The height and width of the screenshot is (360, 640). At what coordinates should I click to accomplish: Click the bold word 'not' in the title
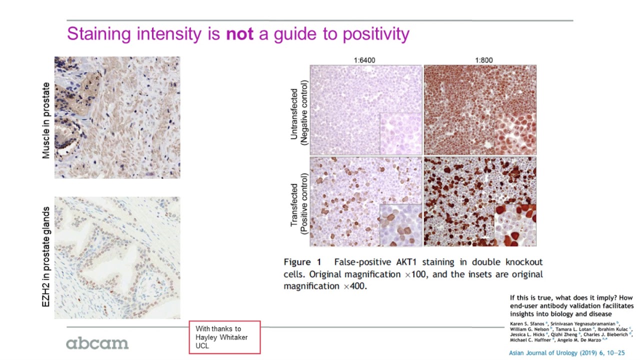tap(239, 34)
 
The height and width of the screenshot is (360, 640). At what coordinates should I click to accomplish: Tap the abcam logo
tap(97, 343)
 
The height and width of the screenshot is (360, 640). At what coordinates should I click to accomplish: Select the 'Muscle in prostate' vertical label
tap(46, 120)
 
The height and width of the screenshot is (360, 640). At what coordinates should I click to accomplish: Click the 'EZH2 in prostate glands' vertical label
tap(46, 256)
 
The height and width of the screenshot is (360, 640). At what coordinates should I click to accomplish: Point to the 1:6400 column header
tap(364, 60)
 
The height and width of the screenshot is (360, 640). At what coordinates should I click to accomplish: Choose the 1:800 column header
tap(483, 60)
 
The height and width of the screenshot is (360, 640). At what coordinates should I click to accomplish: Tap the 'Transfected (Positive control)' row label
tap(298, 202)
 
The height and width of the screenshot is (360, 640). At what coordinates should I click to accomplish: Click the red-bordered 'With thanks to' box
tap(224, 337)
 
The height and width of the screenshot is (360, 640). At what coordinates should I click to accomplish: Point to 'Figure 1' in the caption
tap(303, 262)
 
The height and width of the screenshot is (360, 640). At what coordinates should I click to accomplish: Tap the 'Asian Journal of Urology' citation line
tap(566, 353)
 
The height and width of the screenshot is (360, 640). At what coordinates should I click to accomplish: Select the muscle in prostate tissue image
tap(117, 117)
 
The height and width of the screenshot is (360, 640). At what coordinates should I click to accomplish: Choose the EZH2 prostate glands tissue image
tap(117, 257)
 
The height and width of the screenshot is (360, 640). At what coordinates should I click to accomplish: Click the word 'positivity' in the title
tap(375, 34)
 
